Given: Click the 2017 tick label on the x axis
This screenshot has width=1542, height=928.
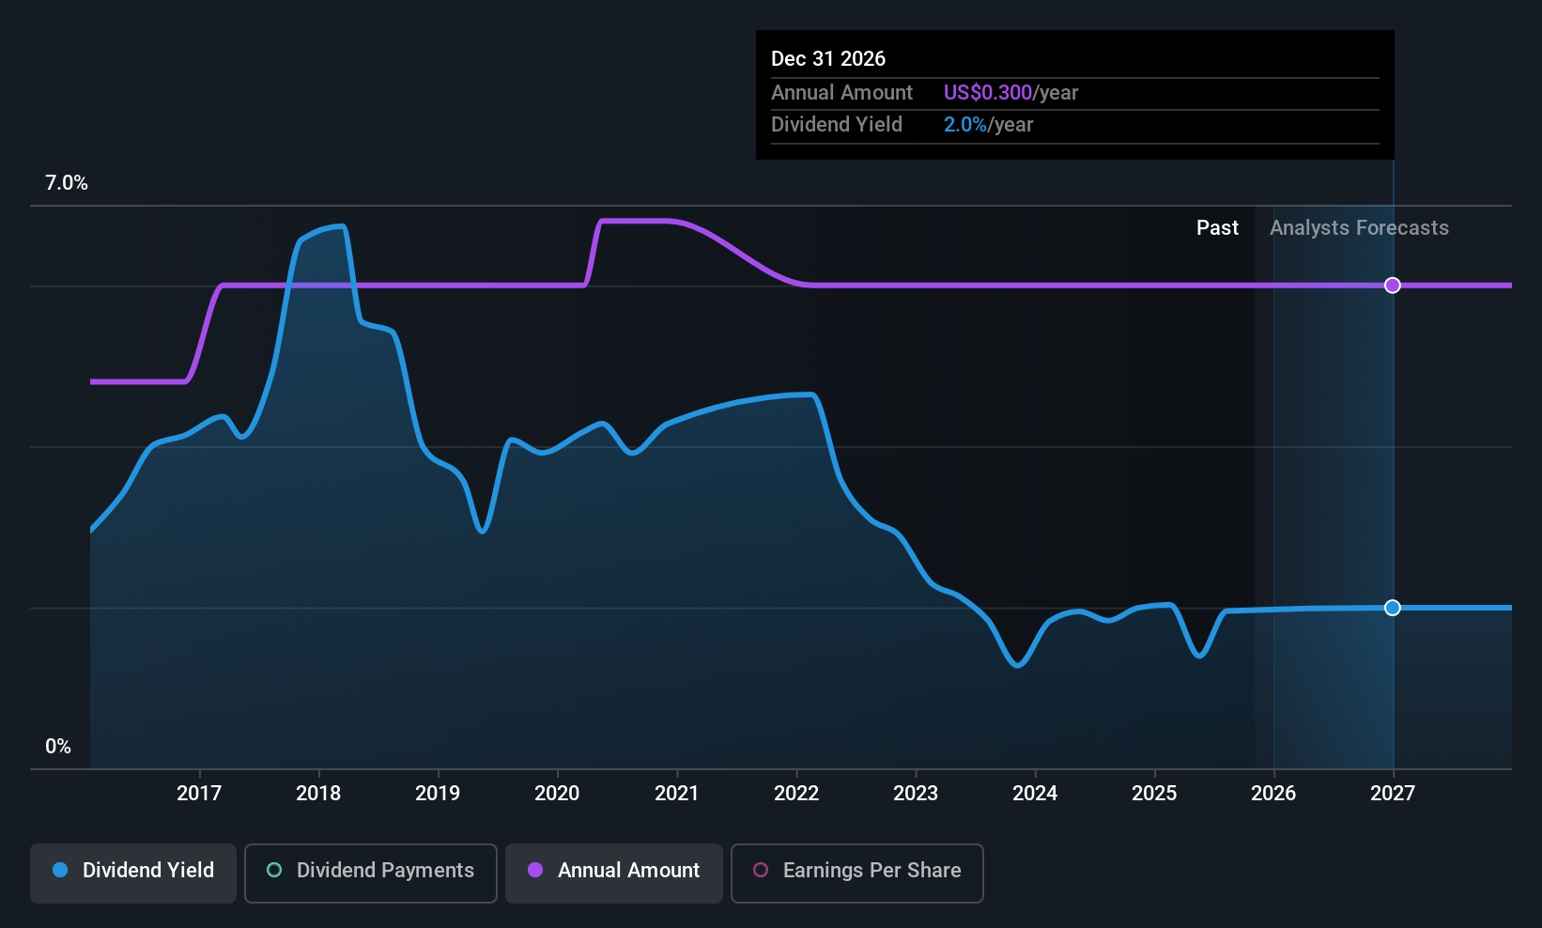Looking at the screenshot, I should click(199, 794).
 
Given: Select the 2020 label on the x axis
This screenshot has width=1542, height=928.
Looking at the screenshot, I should click(557, 794).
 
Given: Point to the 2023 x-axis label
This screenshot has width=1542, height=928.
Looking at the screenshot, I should click(916, 794).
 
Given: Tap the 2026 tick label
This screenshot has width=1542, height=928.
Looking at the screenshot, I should click(1273, 794).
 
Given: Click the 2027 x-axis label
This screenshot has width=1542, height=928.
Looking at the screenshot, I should click(1393, 794).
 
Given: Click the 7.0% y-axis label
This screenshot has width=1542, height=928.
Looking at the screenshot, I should click(67, 183).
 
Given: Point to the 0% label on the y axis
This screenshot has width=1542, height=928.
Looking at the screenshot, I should click(58, 747).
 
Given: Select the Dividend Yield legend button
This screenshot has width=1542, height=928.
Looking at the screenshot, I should click(133, 871).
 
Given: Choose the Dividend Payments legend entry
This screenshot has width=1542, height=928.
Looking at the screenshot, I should click(371, 871).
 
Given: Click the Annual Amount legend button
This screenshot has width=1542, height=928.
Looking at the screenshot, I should click(614, 871).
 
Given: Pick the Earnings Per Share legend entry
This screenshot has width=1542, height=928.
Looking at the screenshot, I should click(856, 871).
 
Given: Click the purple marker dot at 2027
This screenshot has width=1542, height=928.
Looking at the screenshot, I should click(1393, 286).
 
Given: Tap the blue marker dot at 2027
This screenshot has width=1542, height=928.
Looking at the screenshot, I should click(1393, 608).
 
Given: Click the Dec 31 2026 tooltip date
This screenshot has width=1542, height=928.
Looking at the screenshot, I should click(828, 59).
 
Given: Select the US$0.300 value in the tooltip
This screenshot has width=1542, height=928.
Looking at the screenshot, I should click(987, 93).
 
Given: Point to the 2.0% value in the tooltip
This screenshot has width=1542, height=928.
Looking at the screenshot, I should click(964, 125).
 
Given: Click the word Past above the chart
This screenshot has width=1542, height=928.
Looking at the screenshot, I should click(1217, 228).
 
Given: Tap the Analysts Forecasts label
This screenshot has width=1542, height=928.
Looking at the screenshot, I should click(1359, 228).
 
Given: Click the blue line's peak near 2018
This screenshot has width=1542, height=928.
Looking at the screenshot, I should click(338, 226).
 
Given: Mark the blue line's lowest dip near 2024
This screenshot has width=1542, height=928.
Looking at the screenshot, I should click(1018, 665).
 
